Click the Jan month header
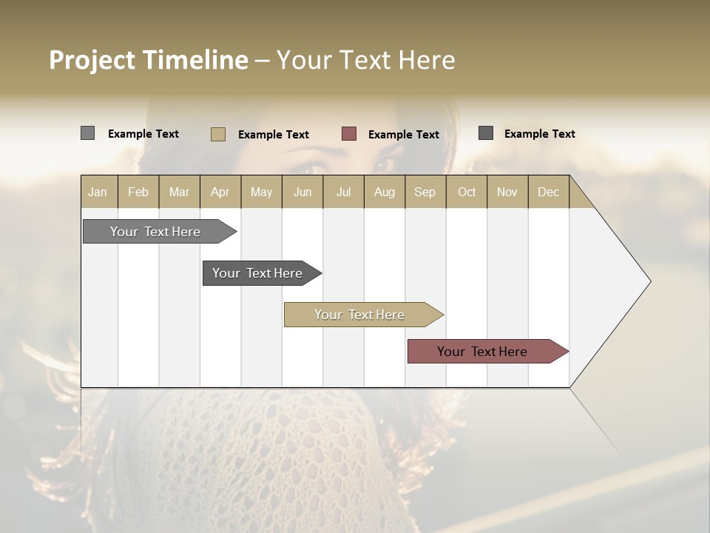click(x=98, y=192)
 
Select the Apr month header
click(x=220, y=192)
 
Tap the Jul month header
click(x=343, y=192)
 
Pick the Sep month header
click(x=425, y=192)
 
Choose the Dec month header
click(x=548, y=192)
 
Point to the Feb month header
click(x=138, y=192)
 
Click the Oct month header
click(x=467, y=192)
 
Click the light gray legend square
click(x=87, y=133)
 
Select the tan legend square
click(x=217, y=134)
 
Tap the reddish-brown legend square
click(x=349, y=134)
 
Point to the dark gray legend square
click(x=485, y=133)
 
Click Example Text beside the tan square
click(x=274, y=135)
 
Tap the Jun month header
click(x=302, y=192)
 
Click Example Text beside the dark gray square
click(x=540, y=134)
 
